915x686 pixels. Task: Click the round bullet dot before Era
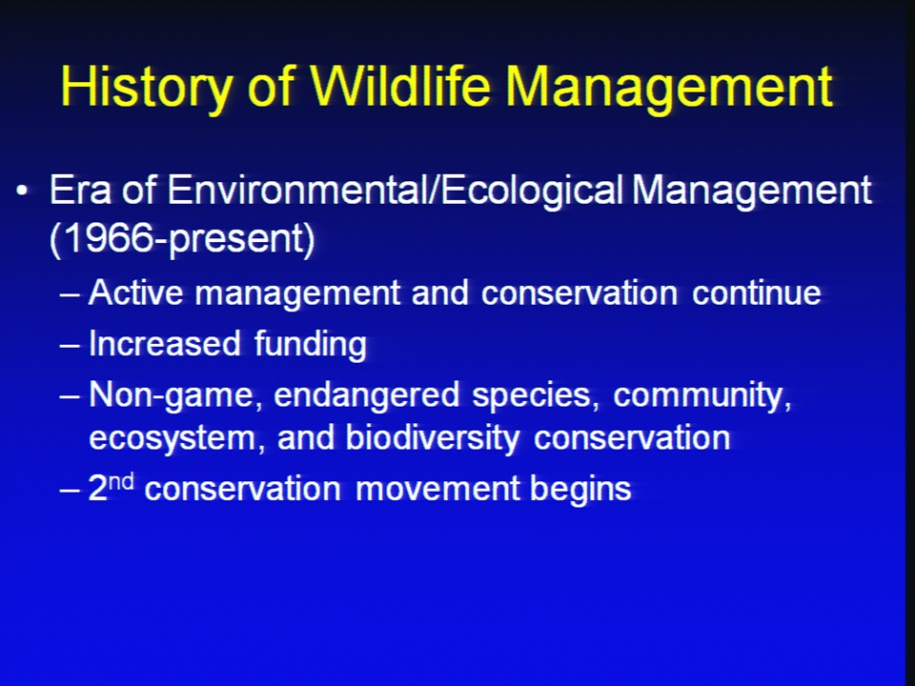(x=22, y=191)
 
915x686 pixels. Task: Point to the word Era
(x=80, y=190)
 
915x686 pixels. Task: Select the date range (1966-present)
(x=182, y=238)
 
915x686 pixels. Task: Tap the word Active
(x=136, y=293)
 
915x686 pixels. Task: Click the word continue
(x=756, y=293)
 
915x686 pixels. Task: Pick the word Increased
(x=165, y=343)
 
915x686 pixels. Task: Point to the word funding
(x=311, y=344)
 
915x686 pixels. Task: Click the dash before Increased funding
(x=70, y=345)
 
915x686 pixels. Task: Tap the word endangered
(x=366, y=394)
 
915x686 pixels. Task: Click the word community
(x=702, y=395)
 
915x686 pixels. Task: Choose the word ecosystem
(x=173, y=438)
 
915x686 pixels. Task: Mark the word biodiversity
(x=433, y=437)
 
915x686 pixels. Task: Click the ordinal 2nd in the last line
(x=111, y=487)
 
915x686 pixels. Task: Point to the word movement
(x=437, y=489)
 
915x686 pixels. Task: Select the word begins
(x=580, y=490)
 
